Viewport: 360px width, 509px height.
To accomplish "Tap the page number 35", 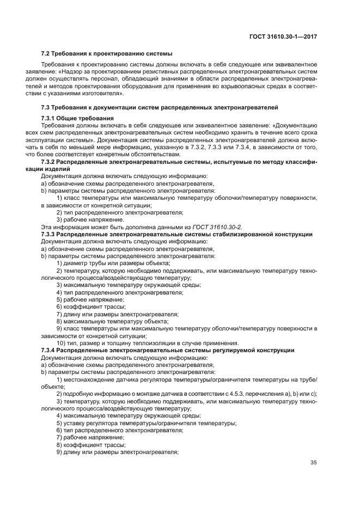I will point(313,463).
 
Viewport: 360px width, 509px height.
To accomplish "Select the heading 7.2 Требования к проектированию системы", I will point(107,54).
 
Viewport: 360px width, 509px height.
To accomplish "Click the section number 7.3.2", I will point(50,162).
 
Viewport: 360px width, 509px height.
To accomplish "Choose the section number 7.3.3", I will point(50,234).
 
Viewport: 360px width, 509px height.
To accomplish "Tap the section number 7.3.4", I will point(50,350).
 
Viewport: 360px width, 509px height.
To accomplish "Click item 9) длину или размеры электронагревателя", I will point(117,451).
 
